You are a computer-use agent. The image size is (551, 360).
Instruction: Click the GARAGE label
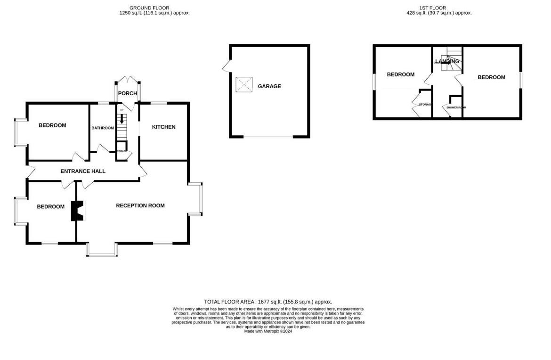pyautogui.click(x=269, y=86)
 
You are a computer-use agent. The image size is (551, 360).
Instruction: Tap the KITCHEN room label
pyautogui.click(x=163, y=127)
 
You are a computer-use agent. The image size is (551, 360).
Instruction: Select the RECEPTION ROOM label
pyautogui.click(x=140, y=205)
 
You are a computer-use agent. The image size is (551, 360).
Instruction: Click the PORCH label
pyautogui.click(x=127, y=93)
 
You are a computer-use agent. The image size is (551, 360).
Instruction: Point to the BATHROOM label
pyautogui.click(x=102, y=128)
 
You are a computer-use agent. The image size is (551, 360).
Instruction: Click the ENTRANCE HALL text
pyautogui.click(x=83, y=171)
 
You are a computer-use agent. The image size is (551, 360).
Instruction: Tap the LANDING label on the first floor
pyautogui.click(x=447, y=61)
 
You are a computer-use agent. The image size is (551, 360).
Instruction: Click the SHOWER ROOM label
pyautogui.click(x=456, y=108)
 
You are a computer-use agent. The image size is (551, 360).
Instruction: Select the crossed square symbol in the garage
pyautogui.click(x=244, y=85)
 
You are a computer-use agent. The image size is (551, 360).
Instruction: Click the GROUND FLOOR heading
pyautogui.click(x=150, y=8)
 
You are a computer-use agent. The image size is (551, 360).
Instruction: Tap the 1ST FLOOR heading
pyautogui.click(x=433, y=8)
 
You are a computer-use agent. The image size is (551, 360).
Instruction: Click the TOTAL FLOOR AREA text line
pyautogui.click(x=268, y=302)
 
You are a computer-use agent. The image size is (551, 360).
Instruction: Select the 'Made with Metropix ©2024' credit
pyautogui.click(x=268, y=331)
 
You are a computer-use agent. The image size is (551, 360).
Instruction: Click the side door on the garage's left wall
pyautogui.click(x=227, y=66)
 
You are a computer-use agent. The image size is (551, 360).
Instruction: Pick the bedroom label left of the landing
pyautogui.click(x=400, y=74)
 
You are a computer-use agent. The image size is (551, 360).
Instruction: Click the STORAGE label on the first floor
pyautogui.click(x=425, y=104)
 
